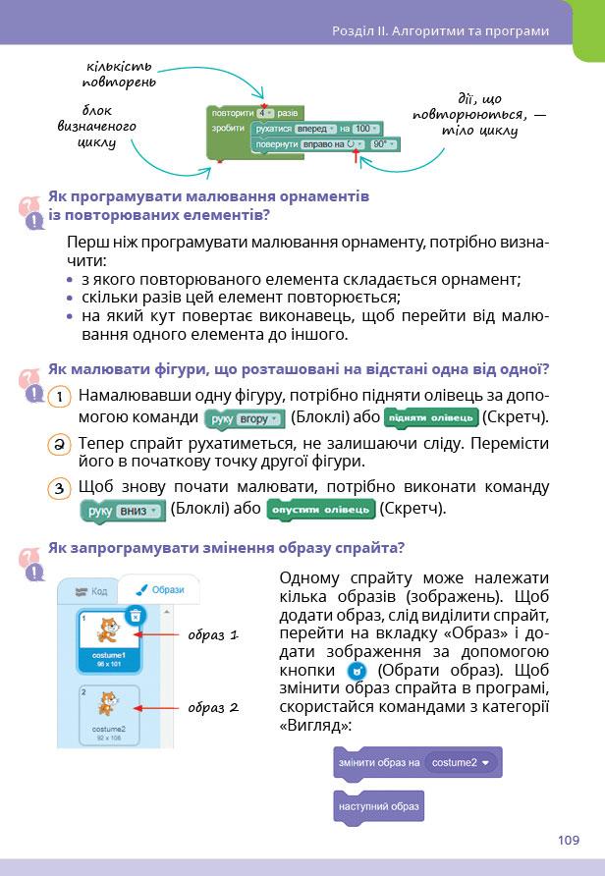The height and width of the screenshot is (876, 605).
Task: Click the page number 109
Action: click(568, 840)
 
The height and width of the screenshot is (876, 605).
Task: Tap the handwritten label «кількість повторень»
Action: click(121, 71)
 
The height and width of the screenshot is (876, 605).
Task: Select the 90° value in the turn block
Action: click(383, 144)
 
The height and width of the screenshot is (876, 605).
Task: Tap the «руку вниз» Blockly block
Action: click(122, 511)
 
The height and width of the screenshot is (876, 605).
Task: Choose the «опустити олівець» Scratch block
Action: click(323, 510)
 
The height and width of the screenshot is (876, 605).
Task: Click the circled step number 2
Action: click(60, 444)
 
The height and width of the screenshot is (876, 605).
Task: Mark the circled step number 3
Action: click(60, 488)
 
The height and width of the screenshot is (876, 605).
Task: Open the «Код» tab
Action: click(90, 591)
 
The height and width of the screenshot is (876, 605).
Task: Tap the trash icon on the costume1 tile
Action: click(136, 616)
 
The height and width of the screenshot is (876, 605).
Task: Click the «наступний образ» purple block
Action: click(379, 807)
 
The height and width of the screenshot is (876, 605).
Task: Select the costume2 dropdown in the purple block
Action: click(461, 762)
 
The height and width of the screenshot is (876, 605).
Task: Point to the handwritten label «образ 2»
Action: click(213, 707)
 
